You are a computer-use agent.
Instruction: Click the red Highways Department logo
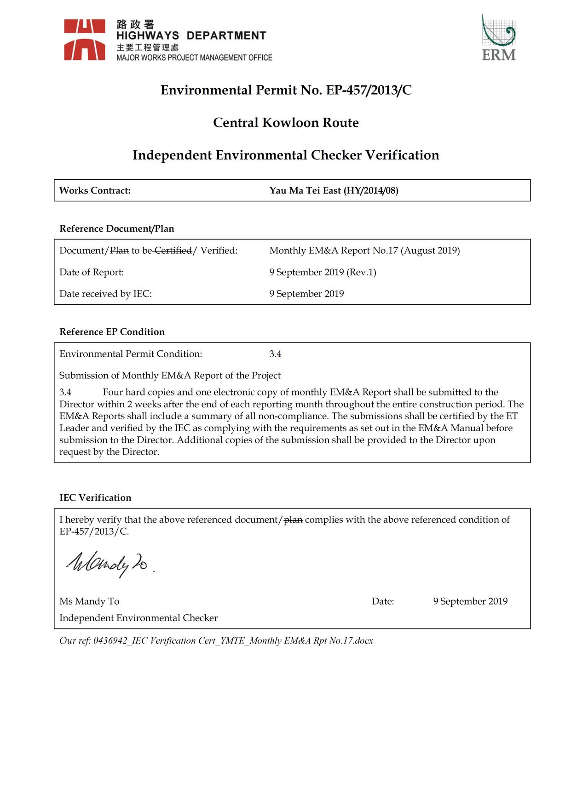pos(85,40)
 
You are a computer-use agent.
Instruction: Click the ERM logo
pos(499,38)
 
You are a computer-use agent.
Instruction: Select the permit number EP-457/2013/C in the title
pos(369,90)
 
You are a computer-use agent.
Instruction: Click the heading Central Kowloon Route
pos(286,123)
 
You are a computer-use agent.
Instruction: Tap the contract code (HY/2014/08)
pos(371,191)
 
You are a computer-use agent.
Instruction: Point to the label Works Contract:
pos(95,191)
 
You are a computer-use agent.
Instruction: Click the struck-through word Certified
pos(173,251)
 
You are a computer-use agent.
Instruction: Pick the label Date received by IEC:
pos(105,294)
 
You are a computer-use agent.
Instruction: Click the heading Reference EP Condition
pos(112,332)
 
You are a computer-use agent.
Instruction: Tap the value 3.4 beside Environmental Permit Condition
pos(275,354)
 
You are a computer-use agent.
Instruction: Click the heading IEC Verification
pos(95,498)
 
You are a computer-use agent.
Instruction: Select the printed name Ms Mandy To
pos(89,601)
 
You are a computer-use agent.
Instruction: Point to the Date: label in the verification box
pos(383,601)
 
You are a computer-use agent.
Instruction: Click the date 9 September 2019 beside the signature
pos(470,601)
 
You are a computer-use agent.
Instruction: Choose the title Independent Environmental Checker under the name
pos(138,618)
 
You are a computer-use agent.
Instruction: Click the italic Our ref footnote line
pos(216,641)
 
